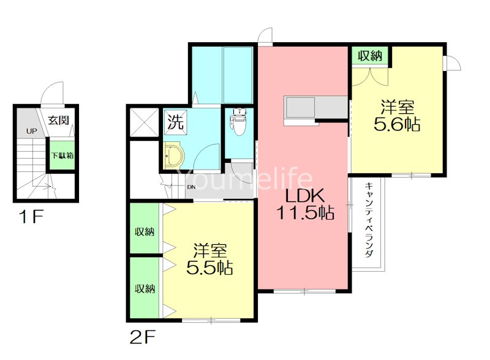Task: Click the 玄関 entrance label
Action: (58, 120)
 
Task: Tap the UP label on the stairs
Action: (32, 131)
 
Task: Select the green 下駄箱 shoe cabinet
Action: (62, 156)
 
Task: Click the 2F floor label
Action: (142, 337)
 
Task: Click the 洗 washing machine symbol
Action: (176, 122)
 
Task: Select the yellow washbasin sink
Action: (172, 155)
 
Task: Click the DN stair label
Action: (191, 187)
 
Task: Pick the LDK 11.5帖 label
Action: (305, 204)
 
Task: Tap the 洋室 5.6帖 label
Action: (397, 115)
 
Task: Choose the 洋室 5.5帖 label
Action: (209, 259)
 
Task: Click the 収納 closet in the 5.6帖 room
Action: (370, 56)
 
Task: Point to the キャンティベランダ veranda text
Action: (369, 220)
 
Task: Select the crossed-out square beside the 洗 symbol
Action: (144, 122)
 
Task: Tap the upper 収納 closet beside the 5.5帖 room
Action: (145, 228)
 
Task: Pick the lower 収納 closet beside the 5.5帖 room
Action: (145, 287)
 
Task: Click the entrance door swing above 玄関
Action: (53, 93)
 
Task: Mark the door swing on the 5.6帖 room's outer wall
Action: (452, 64)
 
